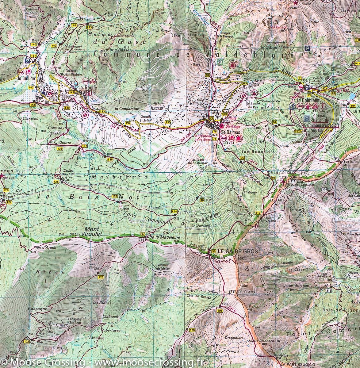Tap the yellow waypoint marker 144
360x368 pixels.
pyautogui.click(x=74, y=25)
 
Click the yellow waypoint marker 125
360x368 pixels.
pyautogui.click(x=115, y=196)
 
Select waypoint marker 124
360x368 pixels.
pyautogui.click(x=174, y=211)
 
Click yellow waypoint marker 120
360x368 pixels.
pyautogui.click(x=192, y=330)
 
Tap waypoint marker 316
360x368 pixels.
pyautogui.click(x=329, y=290)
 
